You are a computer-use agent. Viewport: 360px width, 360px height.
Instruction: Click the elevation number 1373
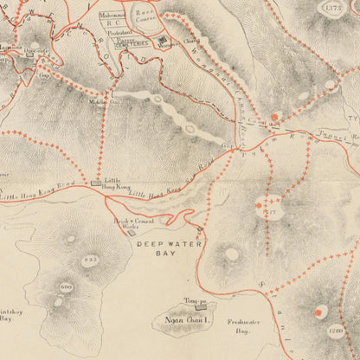click(332, 8)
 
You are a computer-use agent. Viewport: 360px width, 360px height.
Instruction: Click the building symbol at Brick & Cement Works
click(132, 231)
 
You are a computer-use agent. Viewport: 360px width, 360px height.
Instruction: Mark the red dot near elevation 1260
click(320, 312)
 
